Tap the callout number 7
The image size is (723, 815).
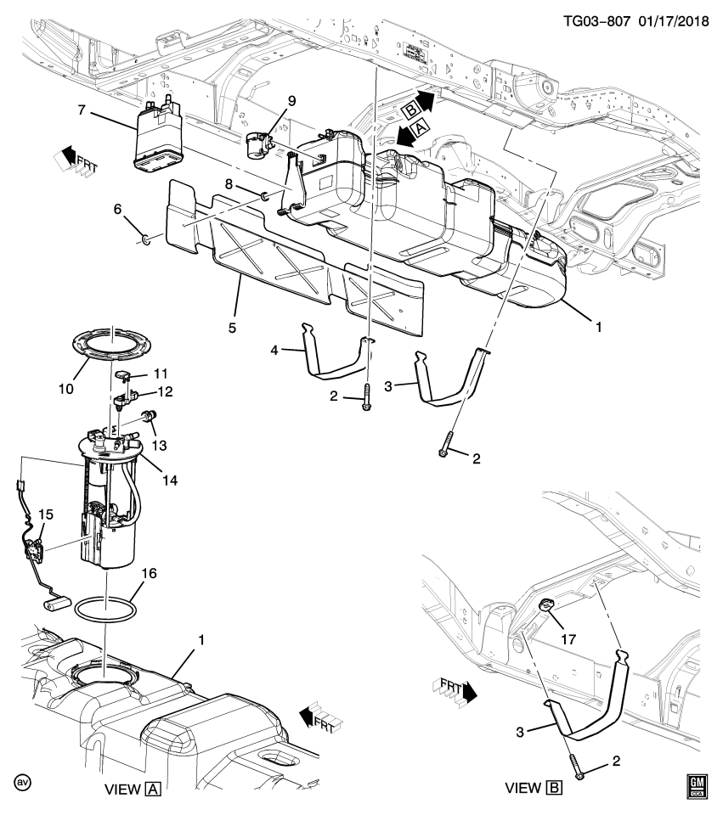(x=82, y=110)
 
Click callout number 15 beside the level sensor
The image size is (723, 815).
(x=45, y=514)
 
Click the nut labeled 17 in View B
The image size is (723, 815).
(x=545, y=605)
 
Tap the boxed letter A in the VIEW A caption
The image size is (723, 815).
(x=154, y=789)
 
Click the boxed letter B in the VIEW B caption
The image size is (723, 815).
(x=555, y=789)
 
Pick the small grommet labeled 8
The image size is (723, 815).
(x=265, y=198)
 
